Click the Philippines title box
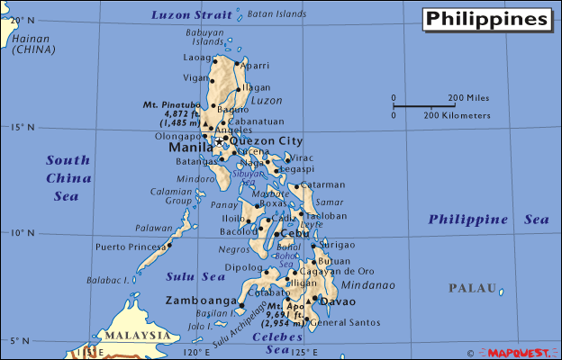coord(486,19)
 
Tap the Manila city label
coord(189,146)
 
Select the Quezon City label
coord(267,141)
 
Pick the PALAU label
coord(474,288)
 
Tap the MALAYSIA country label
coord(136,335)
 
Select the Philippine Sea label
coord(487,220)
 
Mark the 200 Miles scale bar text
coord(468,98)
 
